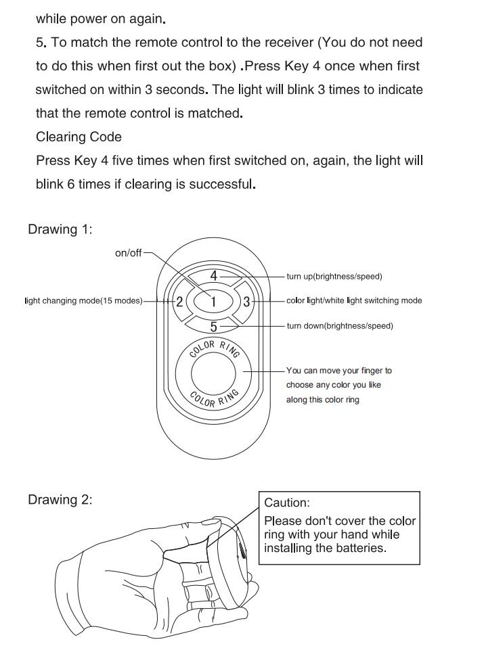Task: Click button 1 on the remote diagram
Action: click(213, 302)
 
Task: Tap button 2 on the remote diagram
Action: click(179, 302)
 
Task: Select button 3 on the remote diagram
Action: click(246, 302)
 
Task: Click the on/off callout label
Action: click(129, 253)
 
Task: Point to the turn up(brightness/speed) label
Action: click(334, 277)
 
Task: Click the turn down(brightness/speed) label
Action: click(339, 326)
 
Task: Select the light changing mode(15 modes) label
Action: click(83, 301)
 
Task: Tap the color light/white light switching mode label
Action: click(353, 301)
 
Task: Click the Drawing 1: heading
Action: click(60, 229)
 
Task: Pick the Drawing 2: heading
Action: click(60, 500)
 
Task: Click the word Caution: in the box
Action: click(287, 503)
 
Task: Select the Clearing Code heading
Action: click(79, 137)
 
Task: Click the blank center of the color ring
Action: click(213, 373)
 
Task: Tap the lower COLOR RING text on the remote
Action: click(214, 399)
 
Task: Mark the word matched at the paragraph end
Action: click(219, 113)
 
